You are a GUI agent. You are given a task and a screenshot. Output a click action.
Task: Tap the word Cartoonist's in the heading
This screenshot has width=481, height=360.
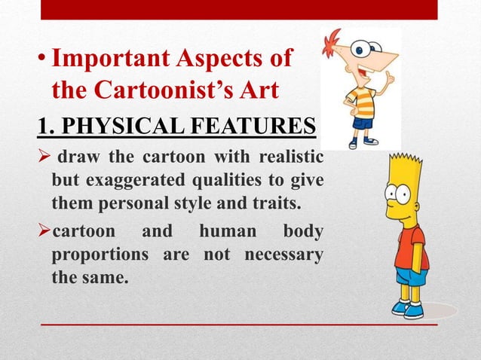pos(173,90)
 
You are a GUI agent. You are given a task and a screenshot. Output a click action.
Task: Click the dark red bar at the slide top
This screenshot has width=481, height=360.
pos(238,9)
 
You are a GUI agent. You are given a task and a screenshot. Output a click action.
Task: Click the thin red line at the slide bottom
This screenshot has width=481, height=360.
pos(238,325)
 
